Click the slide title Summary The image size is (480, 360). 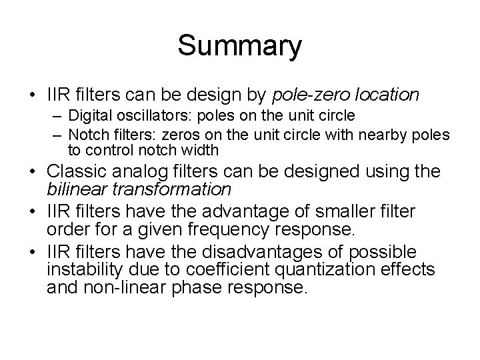pos(240,47)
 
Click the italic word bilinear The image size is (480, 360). pos(74,189)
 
